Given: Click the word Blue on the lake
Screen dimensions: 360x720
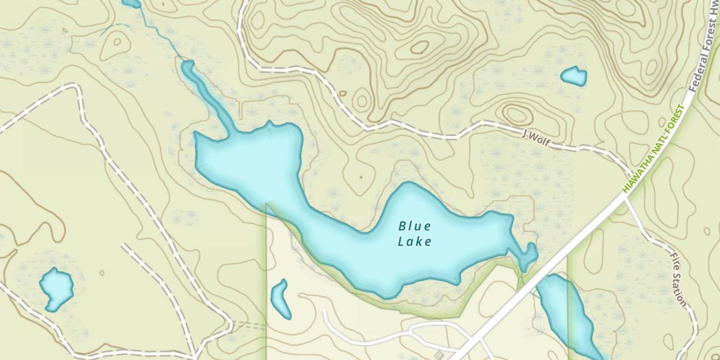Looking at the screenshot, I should pos(415,226).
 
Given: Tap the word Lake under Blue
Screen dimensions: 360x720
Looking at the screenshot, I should pos(415,241).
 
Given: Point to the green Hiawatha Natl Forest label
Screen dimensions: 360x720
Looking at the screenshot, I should pos(654,149).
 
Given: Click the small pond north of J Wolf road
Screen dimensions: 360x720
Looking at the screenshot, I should pos(574,76).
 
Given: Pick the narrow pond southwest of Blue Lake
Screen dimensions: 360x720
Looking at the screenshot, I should pos(280,299).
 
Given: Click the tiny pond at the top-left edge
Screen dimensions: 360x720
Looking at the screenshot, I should pos(131,4).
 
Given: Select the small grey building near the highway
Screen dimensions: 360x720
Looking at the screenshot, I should pos(439,355).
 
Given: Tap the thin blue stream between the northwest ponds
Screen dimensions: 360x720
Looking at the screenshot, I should pos(161,34).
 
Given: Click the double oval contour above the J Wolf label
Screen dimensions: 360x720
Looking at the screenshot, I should pos(516,114).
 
